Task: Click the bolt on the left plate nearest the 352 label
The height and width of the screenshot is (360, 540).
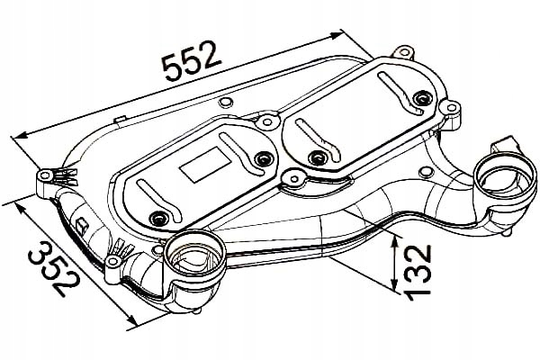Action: coord(161,218)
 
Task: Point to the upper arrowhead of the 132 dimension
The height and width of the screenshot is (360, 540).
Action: coord(396,237)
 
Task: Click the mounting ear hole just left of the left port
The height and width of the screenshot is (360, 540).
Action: coord(113,263)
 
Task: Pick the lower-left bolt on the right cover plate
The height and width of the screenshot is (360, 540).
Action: coord(318,158)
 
